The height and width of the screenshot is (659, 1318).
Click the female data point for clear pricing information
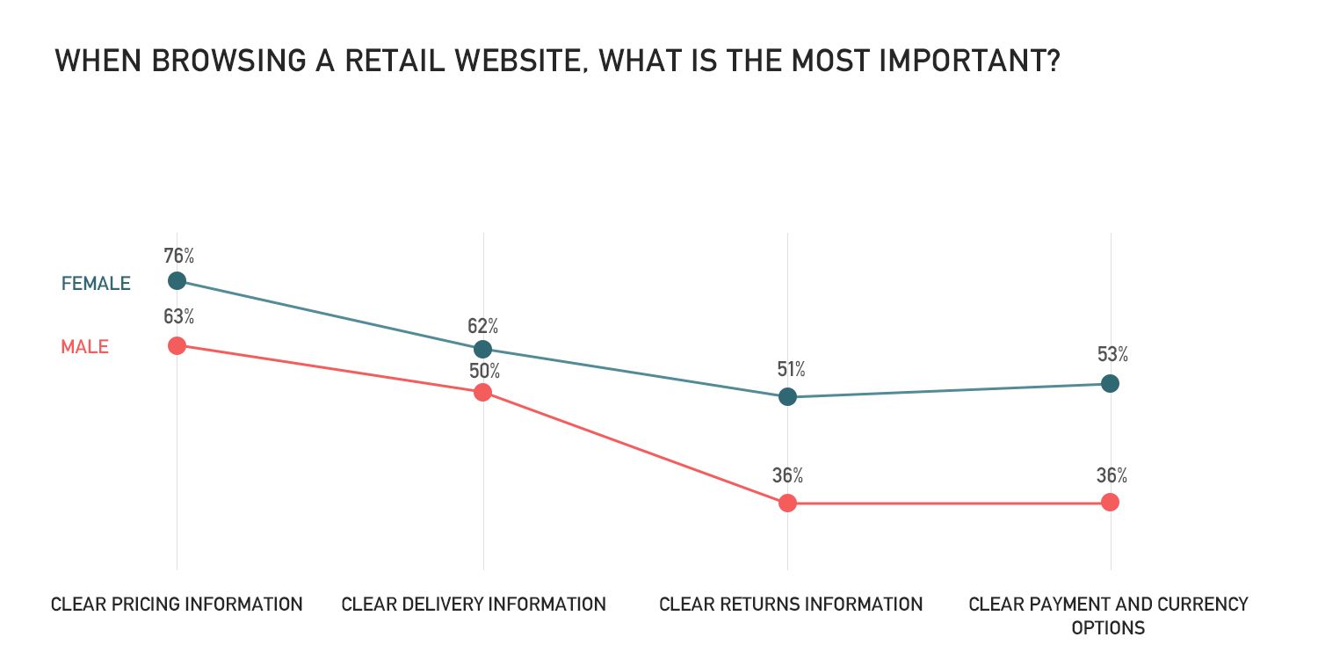click(177, 280)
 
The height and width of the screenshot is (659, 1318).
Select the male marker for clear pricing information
click(177, 345)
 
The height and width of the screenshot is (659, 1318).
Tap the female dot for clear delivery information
click(482, 350)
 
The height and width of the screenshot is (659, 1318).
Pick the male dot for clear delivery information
click(482, 392)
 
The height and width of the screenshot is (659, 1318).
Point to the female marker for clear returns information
click(787, 397)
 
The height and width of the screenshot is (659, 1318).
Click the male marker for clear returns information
click(787, 503)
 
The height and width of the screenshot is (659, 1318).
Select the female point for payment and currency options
click(1110, 383)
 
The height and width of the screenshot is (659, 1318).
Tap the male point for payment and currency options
click(1110, 502)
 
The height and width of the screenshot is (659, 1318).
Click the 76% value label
click(178, 257)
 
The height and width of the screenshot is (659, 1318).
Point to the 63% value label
click(178, 317)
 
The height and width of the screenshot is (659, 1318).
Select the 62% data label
click(482, 326)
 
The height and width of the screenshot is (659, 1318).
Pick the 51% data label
click(790, 370)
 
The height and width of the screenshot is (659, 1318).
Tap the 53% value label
click(1112, 355)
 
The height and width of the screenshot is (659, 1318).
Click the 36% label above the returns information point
click(787, 476)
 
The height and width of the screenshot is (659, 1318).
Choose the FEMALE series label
click(96, 284)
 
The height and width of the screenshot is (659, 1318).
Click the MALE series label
click(84, 347)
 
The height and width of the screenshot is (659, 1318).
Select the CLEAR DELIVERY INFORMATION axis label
click(474, 605)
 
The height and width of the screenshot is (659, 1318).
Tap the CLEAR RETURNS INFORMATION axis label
click(791, 605)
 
